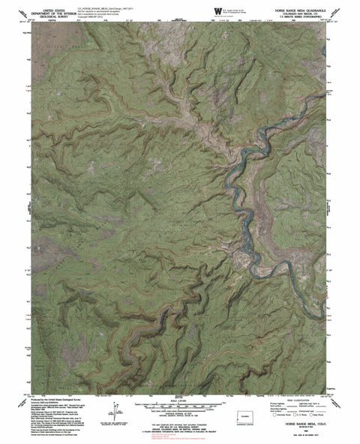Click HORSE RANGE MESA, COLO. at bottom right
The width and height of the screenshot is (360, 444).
click(x=303, y=424)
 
